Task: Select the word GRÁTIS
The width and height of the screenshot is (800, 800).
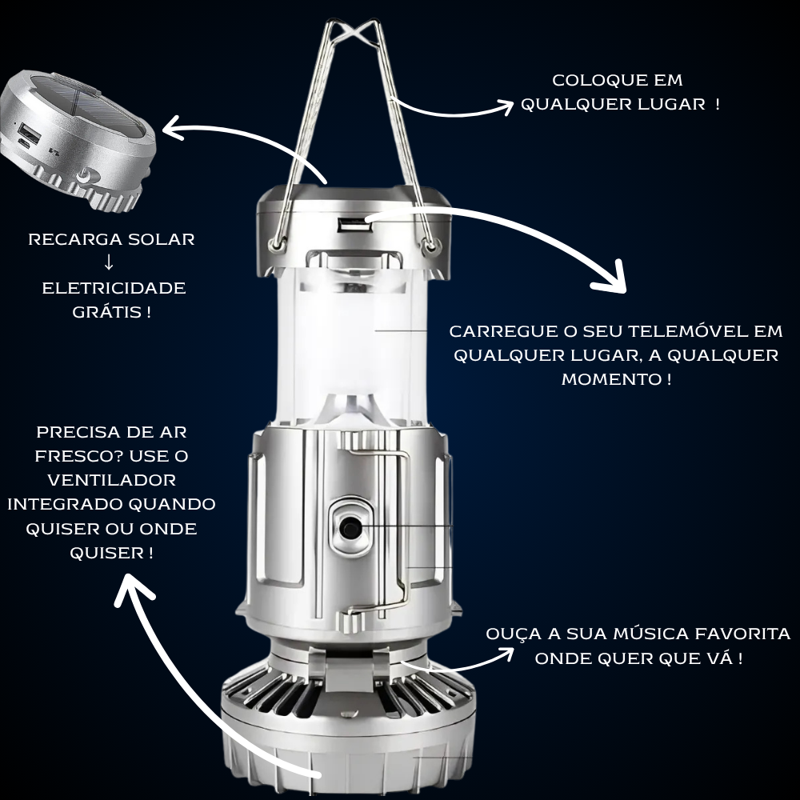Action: pyautogui.click(x=105, y=311)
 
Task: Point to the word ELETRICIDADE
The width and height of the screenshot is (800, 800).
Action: pyautogui.click(x=114, y=287)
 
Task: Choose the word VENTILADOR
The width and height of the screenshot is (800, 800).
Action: pyautogui.click(x=111, y=480)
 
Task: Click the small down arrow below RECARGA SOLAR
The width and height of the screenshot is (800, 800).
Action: pyautogui.click(x=109, y=263)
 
